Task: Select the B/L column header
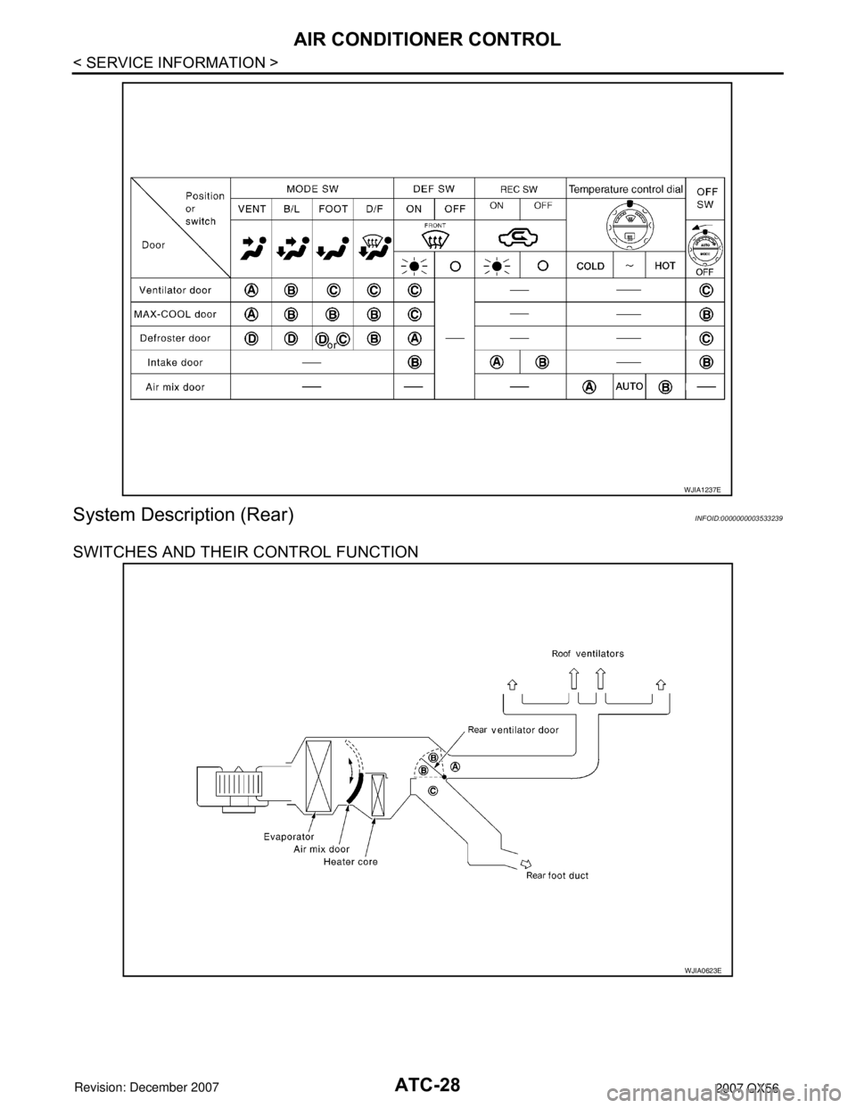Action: coord(292,211)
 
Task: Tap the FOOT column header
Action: coord(333,211)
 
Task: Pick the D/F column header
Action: coord(374,211)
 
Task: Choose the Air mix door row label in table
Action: coord(181,386)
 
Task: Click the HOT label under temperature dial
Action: coord(665,266)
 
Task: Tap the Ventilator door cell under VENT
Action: coord(251,290)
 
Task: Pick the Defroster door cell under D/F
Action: coord(374,338)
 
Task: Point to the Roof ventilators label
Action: coord(585,654)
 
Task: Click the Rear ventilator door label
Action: coord(514,730)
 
